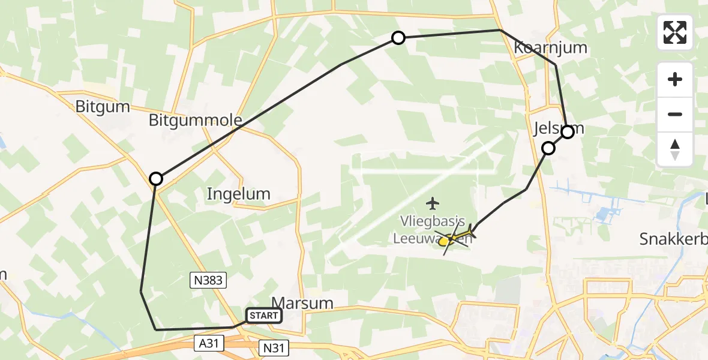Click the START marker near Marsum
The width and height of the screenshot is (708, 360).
(x=263, y=316)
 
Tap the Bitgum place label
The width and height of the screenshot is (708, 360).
(x=103, y=107)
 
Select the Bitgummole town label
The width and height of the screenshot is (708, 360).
(x=196, y=121)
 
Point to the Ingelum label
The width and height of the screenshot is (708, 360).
(x=238, y=194)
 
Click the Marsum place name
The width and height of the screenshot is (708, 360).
(x=302, y=303)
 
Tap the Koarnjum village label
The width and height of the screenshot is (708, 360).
(x=550, y=48)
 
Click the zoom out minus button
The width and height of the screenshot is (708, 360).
(x=675, y=114)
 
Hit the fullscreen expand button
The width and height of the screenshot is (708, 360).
(x=675, y=32)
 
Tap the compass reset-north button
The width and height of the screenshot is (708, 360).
(x=675, y=149)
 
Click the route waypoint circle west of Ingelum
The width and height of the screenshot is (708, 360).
(x=156, y=178)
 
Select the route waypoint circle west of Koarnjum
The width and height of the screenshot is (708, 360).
(x=398, y=38)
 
